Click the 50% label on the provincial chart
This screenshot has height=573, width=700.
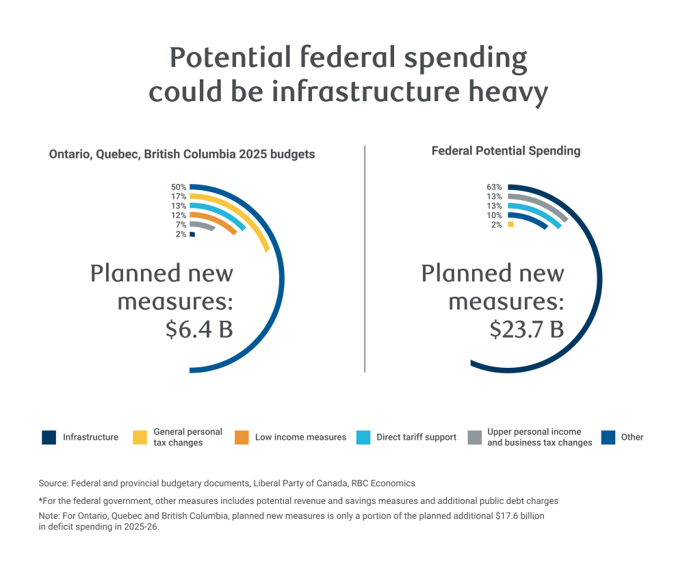[179, 187]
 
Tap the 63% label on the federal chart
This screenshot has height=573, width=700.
[495, 187]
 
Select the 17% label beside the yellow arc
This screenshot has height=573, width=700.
[179, 196]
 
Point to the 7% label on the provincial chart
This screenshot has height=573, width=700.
[181, 225]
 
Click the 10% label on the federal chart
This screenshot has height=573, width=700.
[495, 215]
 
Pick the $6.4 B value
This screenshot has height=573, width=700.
[199, 329]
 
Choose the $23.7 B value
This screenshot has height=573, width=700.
[526, 329]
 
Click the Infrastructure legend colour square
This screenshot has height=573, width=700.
[49, 438]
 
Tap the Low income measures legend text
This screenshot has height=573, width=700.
[300, 438]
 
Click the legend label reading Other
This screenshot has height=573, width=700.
[632, 438]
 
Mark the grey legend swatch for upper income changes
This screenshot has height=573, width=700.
[475, 438]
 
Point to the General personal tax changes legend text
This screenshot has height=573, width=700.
[187, 438]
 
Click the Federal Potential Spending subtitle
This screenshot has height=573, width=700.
[506, 151]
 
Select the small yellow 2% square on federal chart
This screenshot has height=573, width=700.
[510, 224]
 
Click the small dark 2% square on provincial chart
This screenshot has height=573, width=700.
[192, 235]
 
